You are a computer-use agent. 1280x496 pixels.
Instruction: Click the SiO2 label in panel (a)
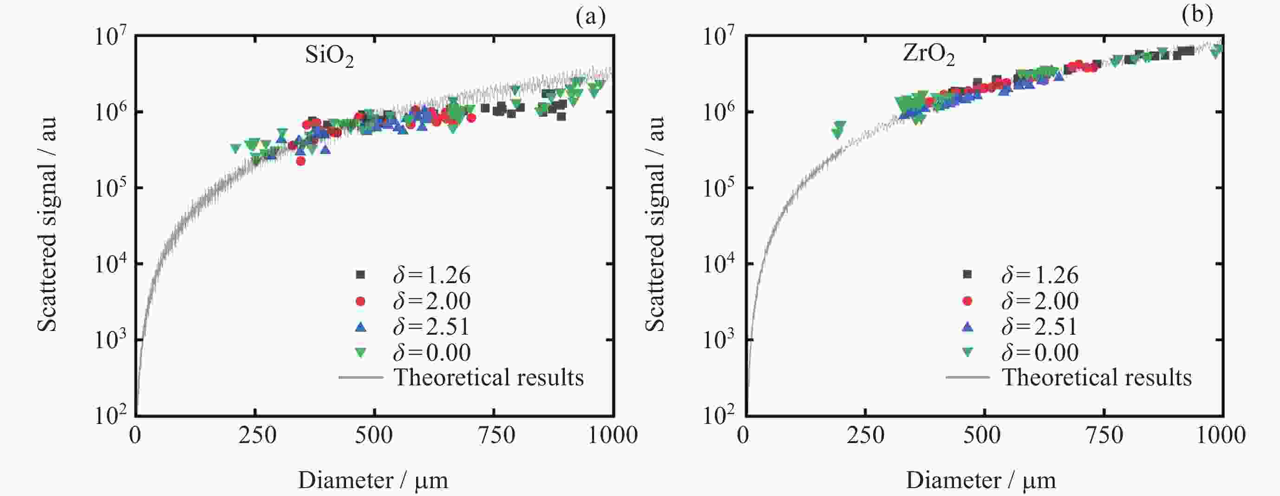coord(329,56)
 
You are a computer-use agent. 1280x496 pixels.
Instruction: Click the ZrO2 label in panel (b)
coord(927,55)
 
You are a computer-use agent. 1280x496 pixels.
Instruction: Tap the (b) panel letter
coord(1197,14)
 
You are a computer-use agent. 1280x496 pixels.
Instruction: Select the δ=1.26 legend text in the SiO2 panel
coord(431,275)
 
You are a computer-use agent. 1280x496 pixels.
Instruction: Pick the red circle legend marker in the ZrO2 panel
coord(967,301)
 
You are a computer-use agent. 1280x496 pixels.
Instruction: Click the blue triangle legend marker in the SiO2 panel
coord(361,327)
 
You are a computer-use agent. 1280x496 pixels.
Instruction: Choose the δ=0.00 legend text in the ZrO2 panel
coord(1039,353)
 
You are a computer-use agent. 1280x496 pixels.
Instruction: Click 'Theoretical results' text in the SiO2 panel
coord(489,377)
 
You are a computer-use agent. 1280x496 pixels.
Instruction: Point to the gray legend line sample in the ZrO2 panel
coord(967,377)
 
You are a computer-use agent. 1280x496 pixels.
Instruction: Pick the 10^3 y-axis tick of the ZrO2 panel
coord(718,340)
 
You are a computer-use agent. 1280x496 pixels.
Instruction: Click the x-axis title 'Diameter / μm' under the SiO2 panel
coord(372,481)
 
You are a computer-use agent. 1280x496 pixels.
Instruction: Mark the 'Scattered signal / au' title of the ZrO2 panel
coord(655,224)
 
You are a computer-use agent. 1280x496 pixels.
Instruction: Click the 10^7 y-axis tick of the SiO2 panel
coord(111,36)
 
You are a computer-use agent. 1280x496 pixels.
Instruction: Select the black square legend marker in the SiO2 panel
coord(361,275)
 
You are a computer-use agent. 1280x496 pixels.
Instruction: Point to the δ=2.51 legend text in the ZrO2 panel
coord(1039,327)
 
